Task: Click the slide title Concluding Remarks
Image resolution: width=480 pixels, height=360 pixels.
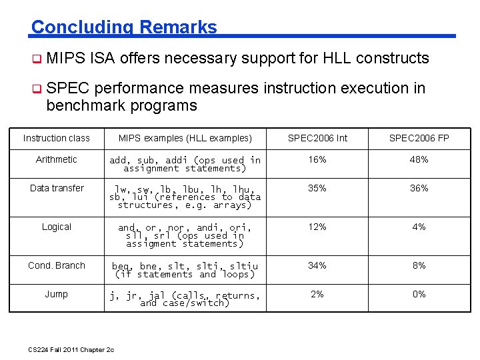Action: coord(124,27)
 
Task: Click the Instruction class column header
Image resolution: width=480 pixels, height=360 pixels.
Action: coord(57,138)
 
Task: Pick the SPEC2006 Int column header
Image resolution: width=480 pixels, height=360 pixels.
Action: coord(317,138)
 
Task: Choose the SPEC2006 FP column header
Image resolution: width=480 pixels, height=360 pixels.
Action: coord(419,138)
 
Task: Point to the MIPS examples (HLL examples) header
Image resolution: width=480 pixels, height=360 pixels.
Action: coord(185,138)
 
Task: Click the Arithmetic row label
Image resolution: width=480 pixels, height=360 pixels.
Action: coord(57,159)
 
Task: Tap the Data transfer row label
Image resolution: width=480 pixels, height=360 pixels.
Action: coord(57,188)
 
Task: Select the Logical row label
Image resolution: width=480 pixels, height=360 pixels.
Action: coord(57,227)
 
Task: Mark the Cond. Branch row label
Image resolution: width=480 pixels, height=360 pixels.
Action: coord(57,265)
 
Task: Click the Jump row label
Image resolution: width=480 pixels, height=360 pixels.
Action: coord(57,294)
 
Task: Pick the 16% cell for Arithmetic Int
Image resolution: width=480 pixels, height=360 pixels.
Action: coord(317,159)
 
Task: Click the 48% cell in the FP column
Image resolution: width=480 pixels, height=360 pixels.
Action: coord(419,159)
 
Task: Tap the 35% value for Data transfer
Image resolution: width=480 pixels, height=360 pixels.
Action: coord(317,188)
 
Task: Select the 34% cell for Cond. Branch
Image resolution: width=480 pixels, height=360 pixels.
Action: coord(317,265)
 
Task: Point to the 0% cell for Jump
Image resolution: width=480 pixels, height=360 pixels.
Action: coord(419,294)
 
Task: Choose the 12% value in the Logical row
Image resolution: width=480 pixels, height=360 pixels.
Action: coord(317,227)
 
